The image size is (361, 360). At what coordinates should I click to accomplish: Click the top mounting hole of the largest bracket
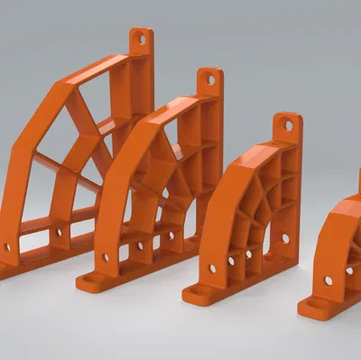(140, 40)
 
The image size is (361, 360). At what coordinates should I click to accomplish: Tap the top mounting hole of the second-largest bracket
(211, 79)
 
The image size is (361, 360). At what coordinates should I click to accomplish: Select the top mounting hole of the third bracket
(289, 125)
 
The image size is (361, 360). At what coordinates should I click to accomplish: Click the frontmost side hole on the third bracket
(213, 268)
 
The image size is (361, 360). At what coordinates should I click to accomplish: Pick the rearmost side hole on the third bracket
(284, 239)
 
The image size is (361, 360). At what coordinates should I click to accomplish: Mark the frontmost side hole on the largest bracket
(7, 245)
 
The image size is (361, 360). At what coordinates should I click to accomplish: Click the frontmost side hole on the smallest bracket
(328, 281)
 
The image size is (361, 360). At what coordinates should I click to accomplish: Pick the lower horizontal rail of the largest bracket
(54, 222)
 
